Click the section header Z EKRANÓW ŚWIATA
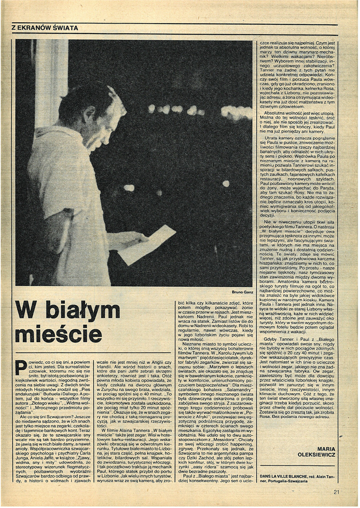click(x=45, y=28)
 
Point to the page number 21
click(x=336, y=491)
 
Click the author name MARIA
click(x=327, y=449)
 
